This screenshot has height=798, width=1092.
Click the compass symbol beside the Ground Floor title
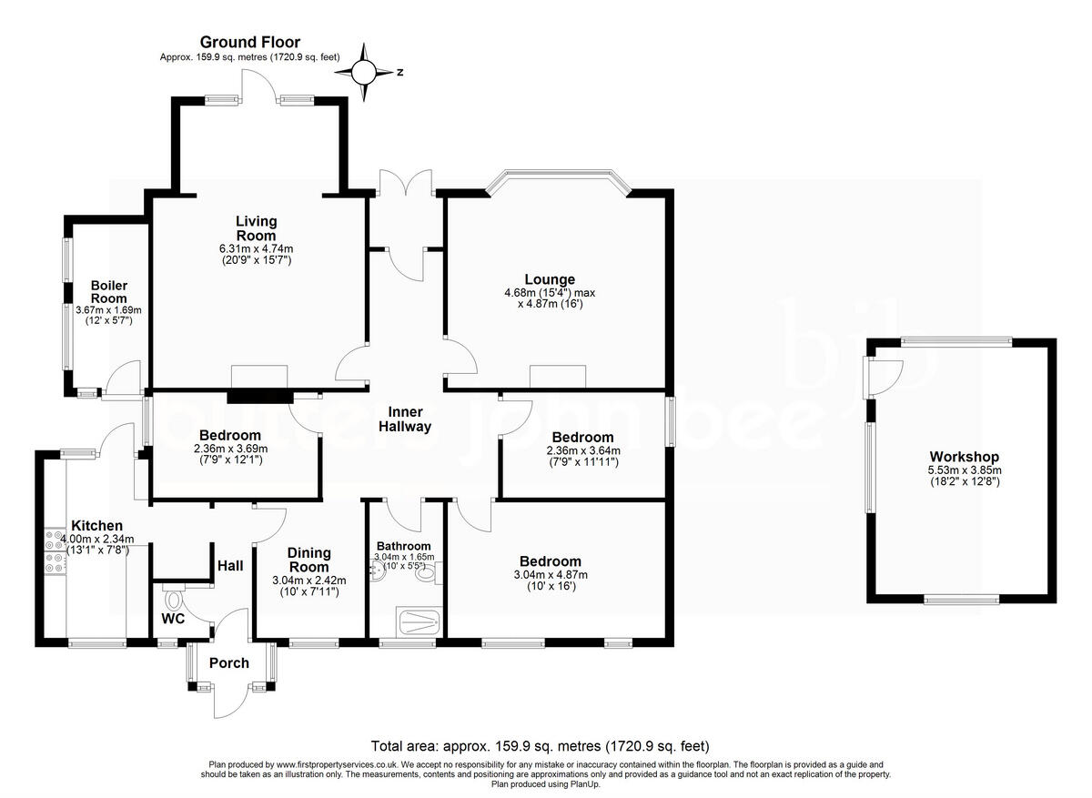coord(364,70)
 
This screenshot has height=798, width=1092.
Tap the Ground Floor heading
coord(249,42)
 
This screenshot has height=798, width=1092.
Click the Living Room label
coord(256,228)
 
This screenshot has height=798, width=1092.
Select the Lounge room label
coord(549,279)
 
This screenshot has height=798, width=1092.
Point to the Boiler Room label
coord(108,291)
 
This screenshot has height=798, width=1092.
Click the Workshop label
coord(964,457)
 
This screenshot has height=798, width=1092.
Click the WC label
coord(174,618)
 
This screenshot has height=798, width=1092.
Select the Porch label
coord(228,662)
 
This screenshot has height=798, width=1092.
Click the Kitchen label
coord(96,526)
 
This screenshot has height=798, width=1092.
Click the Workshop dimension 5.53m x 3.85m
coord(964,470)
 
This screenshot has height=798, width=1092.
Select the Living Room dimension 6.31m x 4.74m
coord(256,248)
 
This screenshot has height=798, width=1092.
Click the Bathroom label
coord(403,546)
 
